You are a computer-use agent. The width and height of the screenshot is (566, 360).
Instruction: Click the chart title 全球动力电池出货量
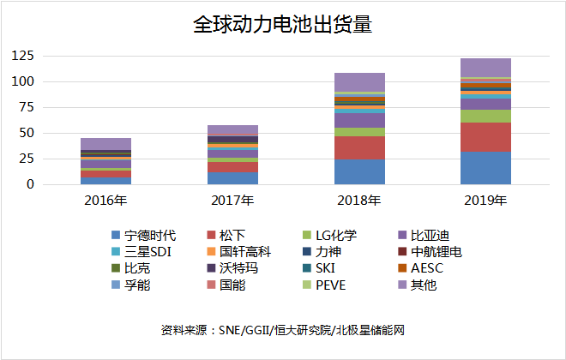click(282, 25)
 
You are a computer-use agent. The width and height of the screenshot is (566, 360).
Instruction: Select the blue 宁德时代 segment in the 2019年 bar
click(485, 168)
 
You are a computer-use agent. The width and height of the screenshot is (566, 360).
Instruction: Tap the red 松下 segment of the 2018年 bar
click(359, 147)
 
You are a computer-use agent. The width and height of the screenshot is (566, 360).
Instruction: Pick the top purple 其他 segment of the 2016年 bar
click(106, 143)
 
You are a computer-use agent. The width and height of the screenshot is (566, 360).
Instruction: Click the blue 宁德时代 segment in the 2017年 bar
click(232, 178)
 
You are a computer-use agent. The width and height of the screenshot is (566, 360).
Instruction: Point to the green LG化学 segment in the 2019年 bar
click(485, 116)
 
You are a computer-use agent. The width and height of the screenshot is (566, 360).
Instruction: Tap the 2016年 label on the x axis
click(106, 201)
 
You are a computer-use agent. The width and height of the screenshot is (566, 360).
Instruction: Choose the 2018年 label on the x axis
click(359, 201)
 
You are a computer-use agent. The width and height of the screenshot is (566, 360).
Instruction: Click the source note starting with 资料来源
click(282, 331)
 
